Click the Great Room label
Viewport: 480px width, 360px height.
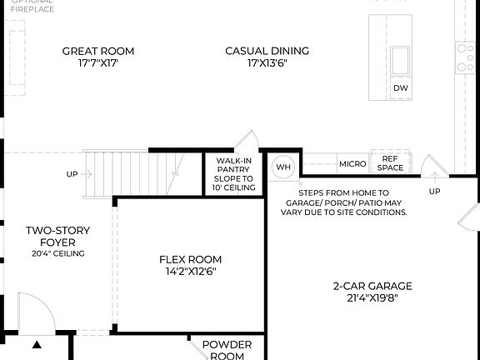(98, 52)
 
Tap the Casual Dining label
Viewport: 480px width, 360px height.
(267, 52)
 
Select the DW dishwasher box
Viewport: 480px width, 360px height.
(400, 88)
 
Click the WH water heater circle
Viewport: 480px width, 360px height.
(283, 167)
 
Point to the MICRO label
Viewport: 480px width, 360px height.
(352, 164)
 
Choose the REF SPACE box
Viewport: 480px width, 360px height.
(391, 163)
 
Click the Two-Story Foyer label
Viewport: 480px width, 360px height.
(57, 237)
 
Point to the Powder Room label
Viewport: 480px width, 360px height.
(227, 350)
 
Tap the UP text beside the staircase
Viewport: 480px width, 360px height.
(72, 175)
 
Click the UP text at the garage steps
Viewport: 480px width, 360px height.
(434, 192)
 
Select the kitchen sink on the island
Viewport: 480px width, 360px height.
(401, 60)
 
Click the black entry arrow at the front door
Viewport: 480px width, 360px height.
(37, 343)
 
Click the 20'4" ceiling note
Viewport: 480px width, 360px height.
(58, 253)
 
